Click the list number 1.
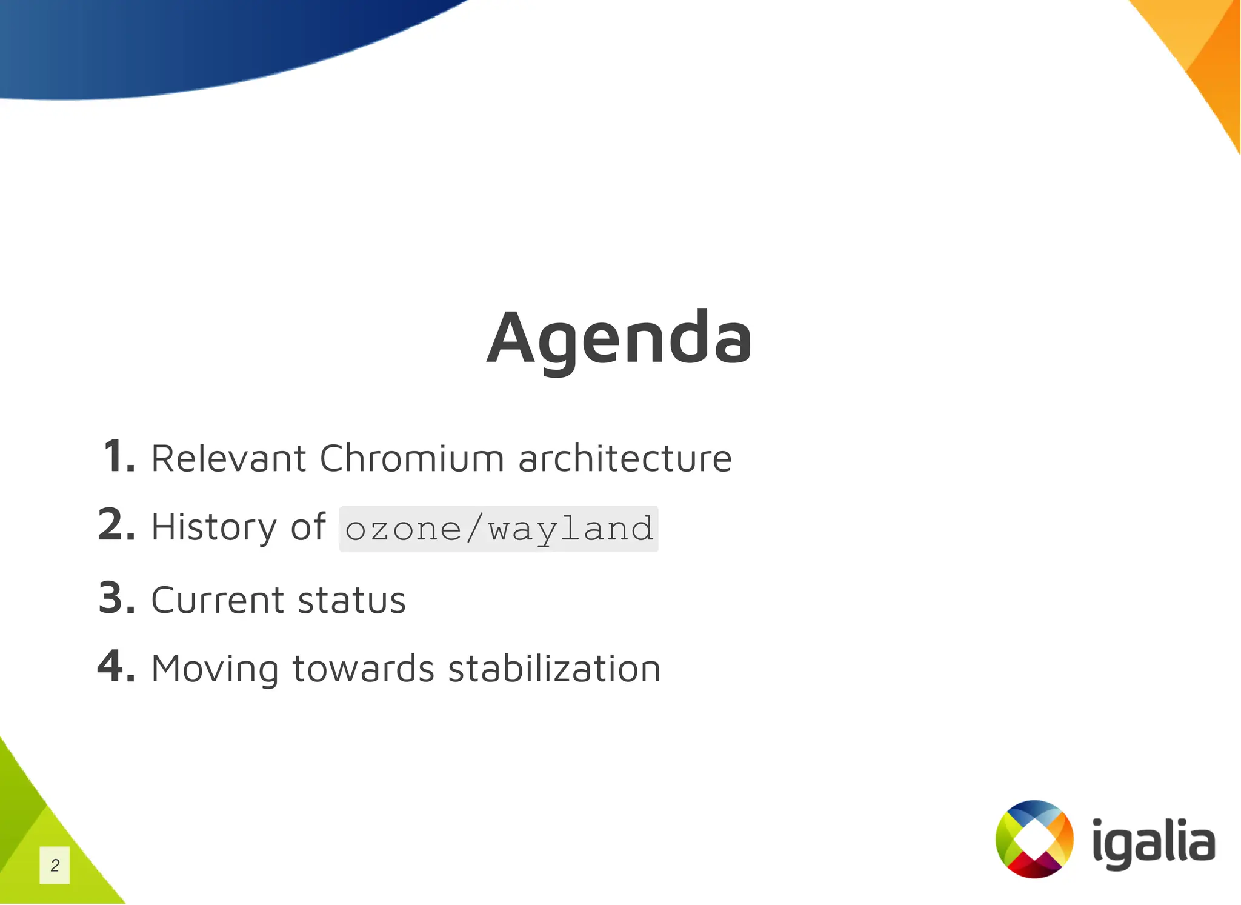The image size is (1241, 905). point(119,456)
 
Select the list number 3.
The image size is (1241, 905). point(116,598)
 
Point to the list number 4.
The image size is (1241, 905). point(116,666)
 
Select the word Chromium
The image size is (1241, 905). point(411,458)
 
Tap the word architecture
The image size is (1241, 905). point(625,458)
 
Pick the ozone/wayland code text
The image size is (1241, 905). point(499,529)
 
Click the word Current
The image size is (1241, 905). point(217,600)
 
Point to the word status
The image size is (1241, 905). point(351,600)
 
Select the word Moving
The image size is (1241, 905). point(215,669)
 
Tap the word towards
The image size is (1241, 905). point(363,669)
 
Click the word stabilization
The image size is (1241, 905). point(554,669)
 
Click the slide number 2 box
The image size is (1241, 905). point(55,865)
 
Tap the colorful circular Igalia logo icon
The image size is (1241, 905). point(1034,839)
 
